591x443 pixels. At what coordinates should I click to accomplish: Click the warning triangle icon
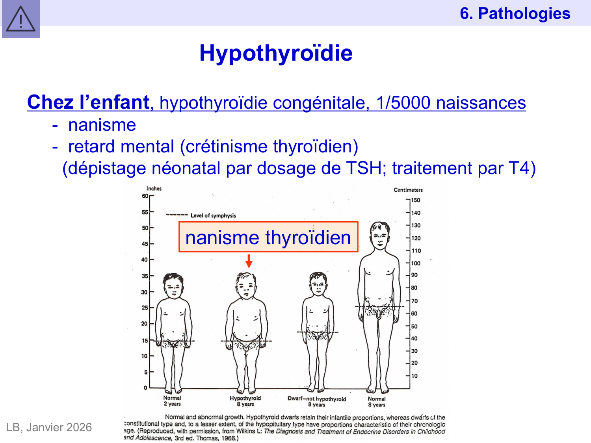click(20, 19)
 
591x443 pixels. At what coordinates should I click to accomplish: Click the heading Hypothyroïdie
click(276, 53)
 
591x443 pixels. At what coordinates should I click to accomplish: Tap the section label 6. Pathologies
click(515, 13)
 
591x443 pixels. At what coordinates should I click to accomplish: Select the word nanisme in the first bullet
click(102, 125)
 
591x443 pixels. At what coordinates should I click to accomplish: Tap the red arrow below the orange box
click(249, 261)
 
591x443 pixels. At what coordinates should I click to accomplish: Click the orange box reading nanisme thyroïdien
click(268, 237)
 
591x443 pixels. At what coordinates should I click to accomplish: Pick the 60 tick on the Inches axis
click(145, 196)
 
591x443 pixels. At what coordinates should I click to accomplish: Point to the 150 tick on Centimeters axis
click(415, 200)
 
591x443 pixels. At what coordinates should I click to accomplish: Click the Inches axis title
click(154, 189)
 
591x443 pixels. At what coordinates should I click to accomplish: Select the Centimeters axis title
click(408, 190)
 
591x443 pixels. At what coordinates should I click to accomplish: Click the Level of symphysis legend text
click(213, 215)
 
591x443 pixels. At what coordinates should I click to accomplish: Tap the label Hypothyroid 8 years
click(245, 401)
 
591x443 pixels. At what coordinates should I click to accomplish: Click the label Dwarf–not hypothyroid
click(316, 399)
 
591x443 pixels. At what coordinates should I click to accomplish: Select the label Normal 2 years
click(172, 401)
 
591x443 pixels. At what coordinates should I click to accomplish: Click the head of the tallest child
click(379, 235)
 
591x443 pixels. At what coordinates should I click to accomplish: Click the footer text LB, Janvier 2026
click(49, 427)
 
